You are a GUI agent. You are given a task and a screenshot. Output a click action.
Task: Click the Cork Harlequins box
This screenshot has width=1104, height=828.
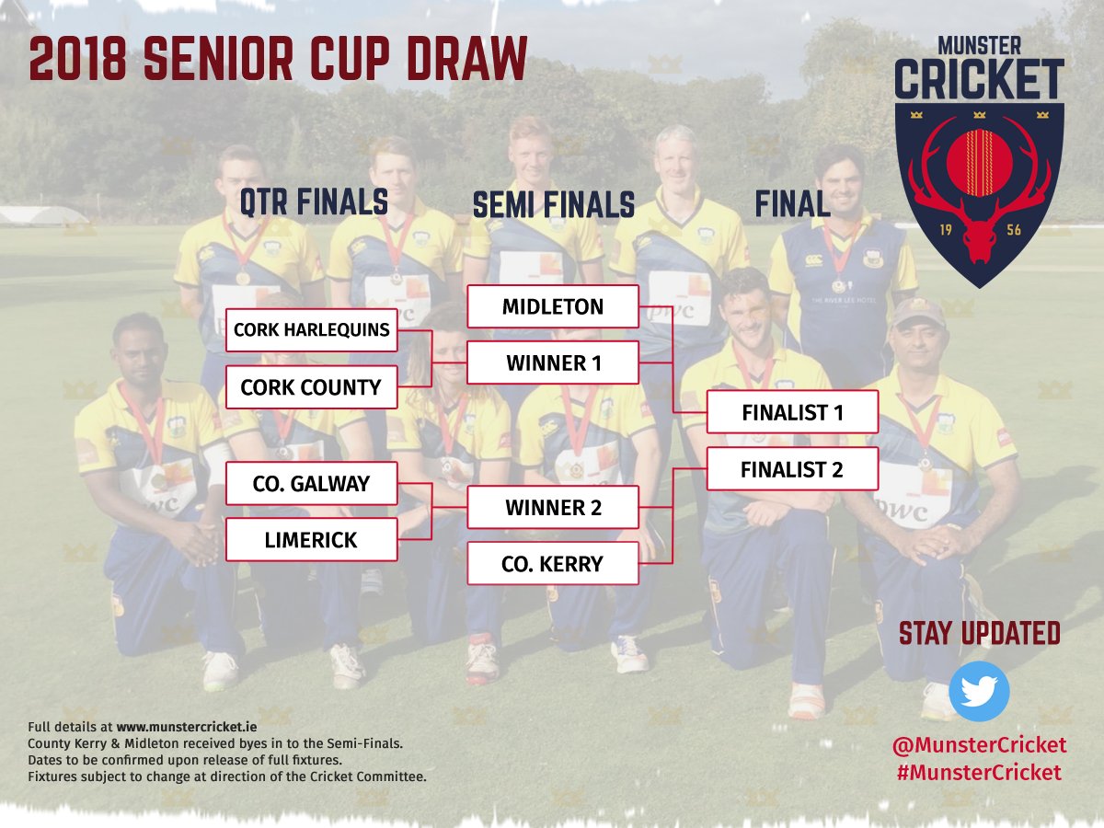pos(311,330)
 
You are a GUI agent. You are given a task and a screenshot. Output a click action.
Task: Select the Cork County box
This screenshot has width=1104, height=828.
pos(311,387)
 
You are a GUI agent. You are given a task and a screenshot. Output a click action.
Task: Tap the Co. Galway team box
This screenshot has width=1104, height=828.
pos(311,483)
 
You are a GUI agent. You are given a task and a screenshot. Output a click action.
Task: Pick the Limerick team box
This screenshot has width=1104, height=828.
pos(311,540)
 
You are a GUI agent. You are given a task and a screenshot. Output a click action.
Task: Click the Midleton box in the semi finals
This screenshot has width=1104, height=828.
pos(553,306)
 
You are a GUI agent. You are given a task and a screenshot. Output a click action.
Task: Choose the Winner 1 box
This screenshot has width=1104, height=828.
pos(553,363)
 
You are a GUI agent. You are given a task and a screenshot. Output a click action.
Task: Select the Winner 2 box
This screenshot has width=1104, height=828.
pos(553,507)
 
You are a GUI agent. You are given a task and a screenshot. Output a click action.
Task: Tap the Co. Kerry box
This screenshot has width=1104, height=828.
pos(553,564)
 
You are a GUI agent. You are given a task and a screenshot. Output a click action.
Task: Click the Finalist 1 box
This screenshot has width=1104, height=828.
pos(792,412)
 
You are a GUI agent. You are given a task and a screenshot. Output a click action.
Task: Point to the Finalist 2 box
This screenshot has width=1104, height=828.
pos(792,469)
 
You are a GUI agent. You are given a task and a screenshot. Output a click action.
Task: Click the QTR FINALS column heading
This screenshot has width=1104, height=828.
pos(314,202)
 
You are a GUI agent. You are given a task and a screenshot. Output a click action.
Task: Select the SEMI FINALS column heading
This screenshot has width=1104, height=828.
pos(553,204)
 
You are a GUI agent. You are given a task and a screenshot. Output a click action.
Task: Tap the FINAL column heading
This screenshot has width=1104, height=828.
pos(792,204)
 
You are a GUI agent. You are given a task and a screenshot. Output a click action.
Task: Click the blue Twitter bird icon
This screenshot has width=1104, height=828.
pos(979,691)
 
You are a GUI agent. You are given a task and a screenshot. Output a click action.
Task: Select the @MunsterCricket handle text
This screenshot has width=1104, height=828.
pos(979,744)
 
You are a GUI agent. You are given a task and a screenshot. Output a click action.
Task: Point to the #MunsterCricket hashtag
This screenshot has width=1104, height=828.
pos(979,773)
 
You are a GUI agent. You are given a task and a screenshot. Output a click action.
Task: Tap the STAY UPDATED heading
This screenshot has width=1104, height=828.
pos(979,634)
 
